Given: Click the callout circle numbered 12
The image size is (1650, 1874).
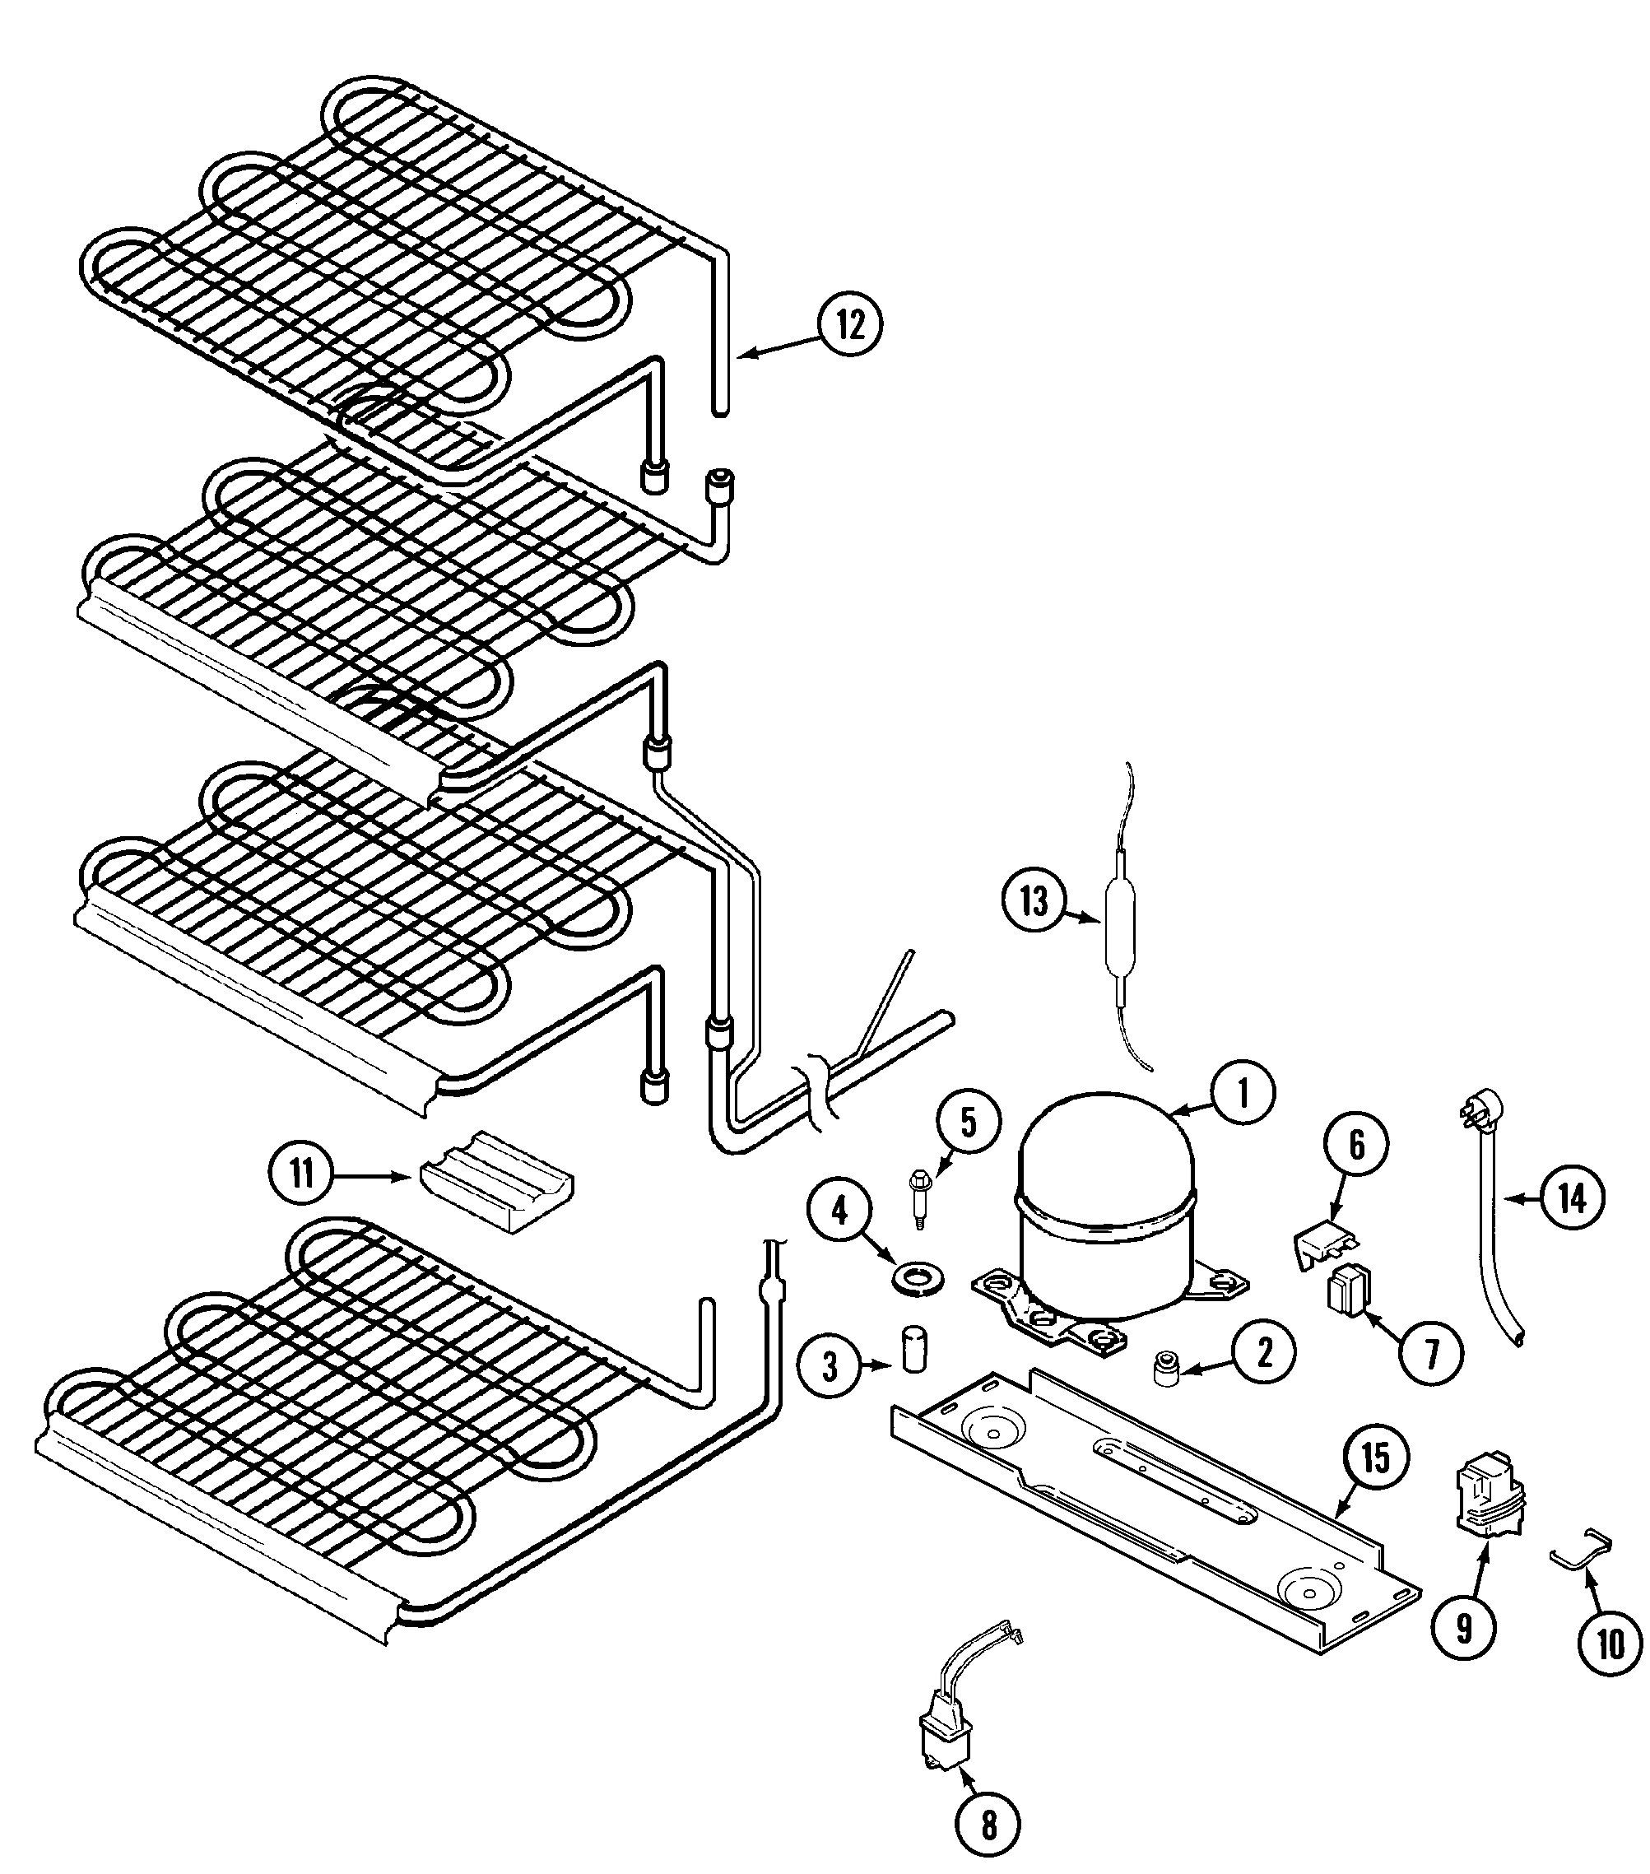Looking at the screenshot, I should tap(850, 323).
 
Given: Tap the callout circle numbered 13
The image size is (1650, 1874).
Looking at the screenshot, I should tap(1033, 901).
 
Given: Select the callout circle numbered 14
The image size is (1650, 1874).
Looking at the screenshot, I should tap(1572, 1197).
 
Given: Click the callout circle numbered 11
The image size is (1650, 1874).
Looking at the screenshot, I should tap(301, 1174).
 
